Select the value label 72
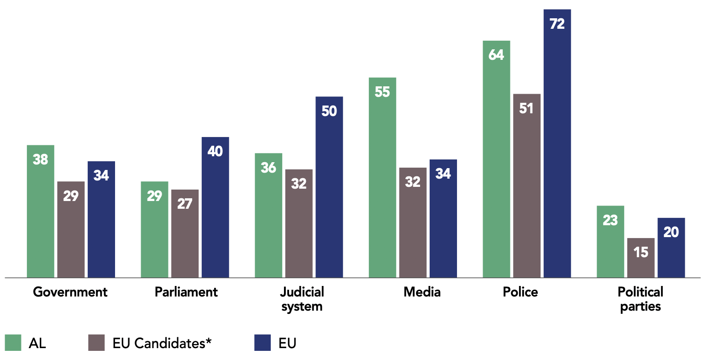[557, 24]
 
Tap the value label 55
[382, 92]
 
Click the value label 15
[641, 252]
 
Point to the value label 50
[329, 111]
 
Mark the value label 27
[185, 204]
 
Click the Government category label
[70, 292]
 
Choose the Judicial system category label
[302, 299]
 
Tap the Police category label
[520, 292]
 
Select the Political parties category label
[640, 299]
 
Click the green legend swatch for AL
[13, 343]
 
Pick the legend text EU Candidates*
[162, 343]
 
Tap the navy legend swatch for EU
[263, 343]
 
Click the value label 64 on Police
[496, 55]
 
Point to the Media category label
[422, 292]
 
